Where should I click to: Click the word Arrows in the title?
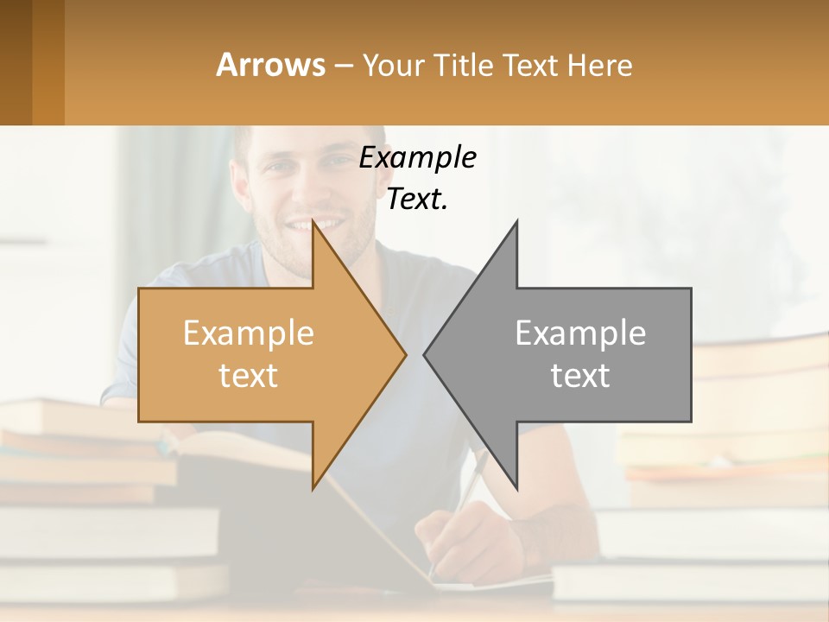pos(270,65)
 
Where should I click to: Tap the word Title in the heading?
pos(464,66)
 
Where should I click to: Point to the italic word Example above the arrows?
pos(417,158)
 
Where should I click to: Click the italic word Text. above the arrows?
pos(417,200)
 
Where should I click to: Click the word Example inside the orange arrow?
pos(249,333)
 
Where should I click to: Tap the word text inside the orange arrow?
pos(249,375)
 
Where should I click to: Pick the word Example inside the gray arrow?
pos(580,333)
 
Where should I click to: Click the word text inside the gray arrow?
pos(580,375)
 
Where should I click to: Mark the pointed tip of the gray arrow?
pos(427,354)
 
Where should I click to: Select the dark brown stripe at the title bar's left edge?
pos(16,62)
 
